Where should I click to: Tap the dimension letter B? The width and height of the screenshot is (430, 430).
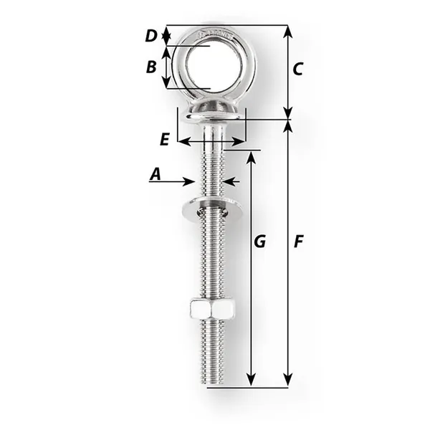coord(151,67)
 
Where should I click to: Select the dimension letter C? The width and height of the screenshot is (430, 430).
coord(298,69)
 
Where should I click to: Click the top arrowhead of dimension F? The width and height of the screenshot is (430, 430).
coord(288,126)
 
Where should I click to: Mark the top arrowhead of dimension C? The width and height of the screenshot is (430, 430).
coord(288,30)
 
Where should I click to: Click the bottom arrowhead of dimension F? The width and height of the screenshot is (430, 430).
coord(288,381)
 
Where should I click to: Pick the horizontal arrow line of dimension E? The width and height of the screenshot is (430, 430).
coord(211,141)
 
